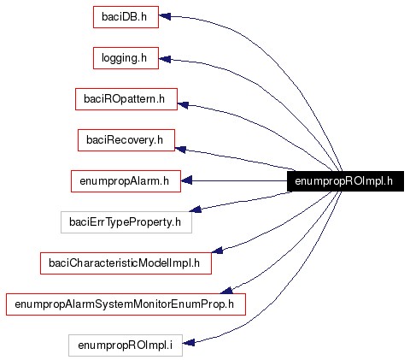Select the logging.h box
(125, 57)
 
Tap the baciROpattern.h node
(125, 98)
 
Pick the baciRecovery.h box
(126, 139)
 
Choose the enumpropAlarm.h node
(125, 180)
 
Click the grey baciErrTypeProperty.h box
(126, 222)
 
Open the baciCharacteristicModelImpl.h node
(125, 263)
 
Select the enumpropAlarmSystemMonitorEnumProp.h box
(126, 304)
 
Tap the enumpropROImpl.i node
(125, 345)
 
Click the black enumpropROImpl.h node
(343, 180)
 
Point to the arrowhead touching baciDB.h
(166, 16)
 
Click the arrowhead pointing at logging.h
(166, 59)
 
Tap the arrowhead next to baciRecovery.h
(181, 150)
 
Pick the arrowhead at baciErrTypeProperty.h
(195, 208)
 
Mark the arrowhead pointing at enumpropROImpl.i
(189, 343)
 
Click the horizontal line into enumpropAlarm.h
(239, 180)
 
